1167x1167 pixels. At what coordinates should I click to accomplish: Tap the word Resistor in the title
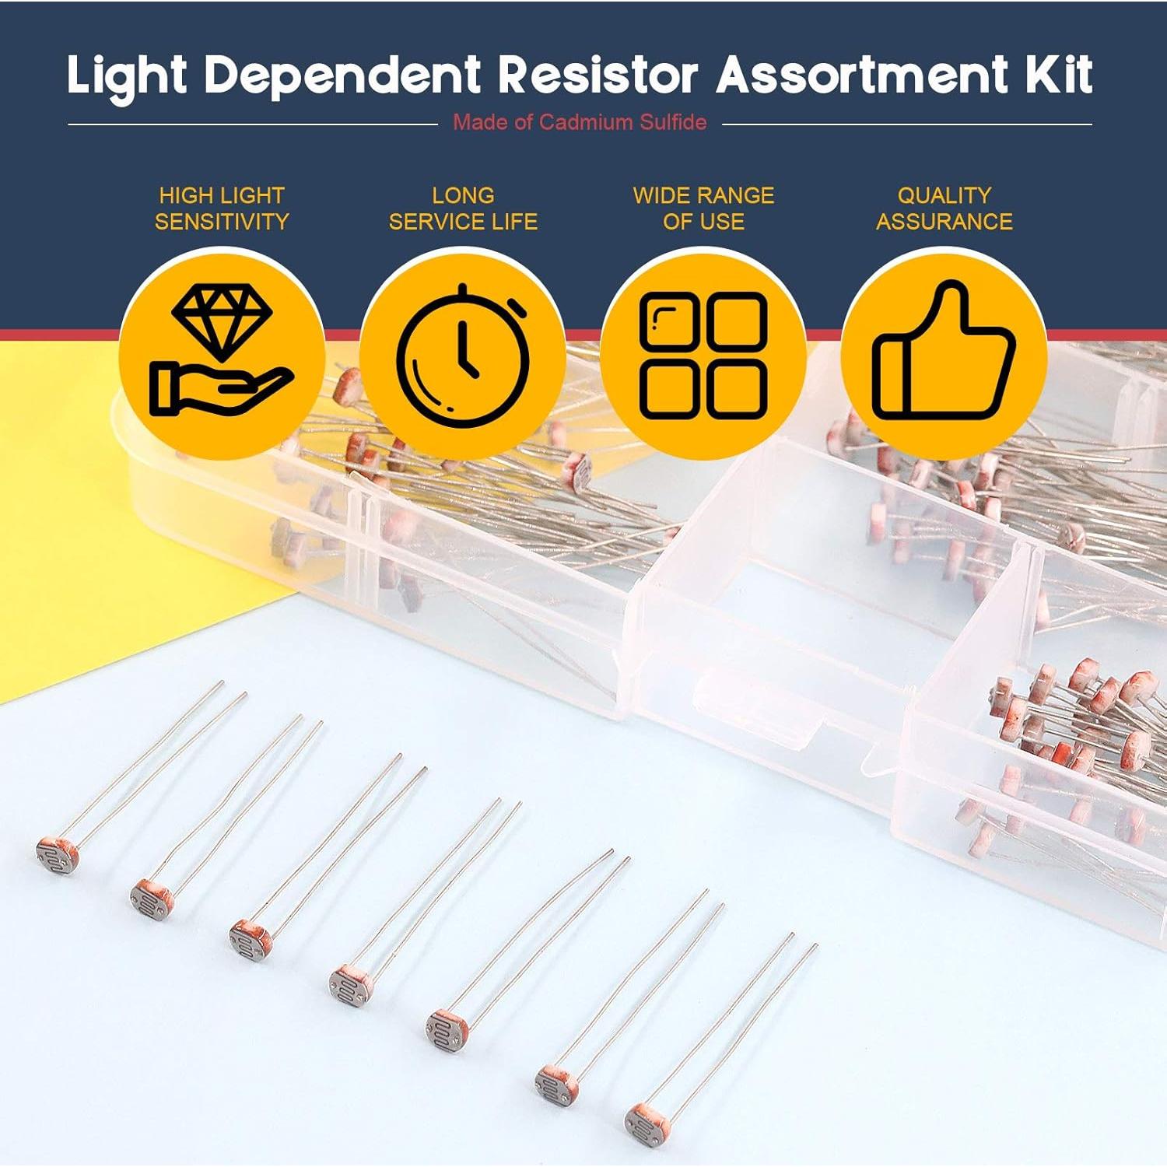(x=598, y=75)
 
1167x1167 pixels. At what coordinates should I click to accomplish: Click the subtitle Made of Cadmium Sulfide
(x=580, y=122)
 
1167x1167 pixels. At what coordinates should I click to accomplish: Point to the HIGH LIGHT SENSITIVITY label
(x=222, y=209)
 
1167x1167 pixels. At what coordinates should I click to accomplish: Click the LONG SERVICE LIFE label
(x=463, y=209)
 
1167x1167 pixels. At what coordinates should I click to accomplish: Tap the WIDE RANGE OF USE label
(x=703, y=209)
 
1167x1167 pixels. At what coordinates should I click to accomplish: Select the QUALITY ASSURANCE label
(x=944, y=209)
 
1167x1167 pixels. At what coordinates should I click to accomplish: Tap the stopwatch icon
(x=463, y=354)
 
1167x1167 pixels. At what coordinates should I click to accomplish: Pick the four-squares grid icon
(x=703, y=355)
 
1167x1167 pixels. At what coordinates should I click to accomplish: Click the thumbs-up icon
(x=944, y=355)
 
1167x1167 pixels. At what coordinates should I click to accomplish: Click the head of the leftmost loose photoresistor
(x=58, y=855)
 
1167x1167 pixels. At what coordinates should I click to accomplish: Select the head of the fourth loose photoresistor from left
(x=351, y=986)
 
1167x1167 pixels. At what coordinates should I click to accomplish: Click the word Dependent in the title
(x=342, y=75)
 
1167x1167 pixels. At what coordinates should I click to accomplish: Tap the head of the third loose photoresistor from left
(x=251, y=940)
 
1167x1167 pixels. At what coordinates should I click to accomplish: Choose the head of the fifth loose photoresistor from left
(x=447, y=1029)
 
